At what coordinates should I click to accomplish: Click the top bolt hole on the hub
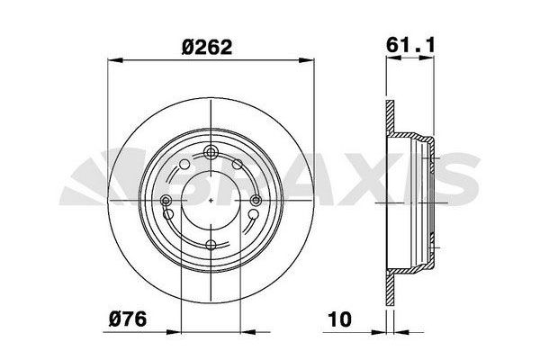tap(211, 152)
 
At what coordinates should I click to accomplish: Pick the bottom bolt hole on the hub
tap(211, 245)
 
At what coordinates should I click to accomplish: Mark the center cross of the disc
tap(211, 199)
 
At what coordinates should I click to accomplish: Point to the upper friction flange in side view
tap(390, 117)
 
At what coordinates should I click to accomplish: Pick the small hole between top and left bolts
tap(185, 165)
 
